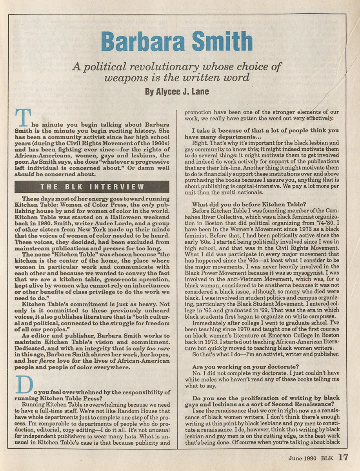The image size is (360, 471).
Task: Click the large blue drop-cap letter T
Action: click(x=23, y=118)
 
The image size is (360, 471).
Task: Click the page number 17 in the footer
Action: click(x=343, y=457)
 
